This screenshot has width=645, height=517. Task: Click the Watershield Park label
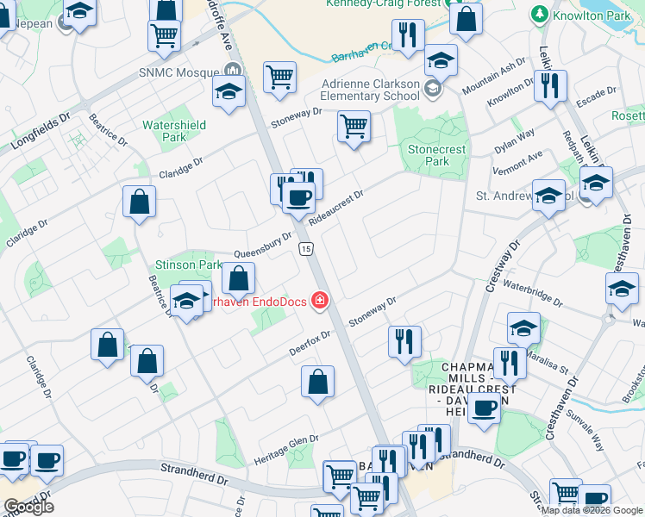point(173,131)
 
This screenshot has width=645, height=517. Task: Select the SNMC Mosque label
point(181,72)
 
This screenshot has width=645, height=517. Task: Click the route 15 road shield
point(305,249)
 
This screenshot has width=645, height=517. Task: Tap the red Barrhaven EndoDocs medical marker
point(320,299)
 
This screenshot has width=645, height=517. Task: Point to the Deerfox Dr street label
point(310,346)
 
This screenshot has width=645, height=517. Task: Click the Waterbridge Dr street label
point(532,293)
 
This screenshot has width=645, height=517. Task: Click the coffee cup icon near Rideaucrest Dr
point(298,197)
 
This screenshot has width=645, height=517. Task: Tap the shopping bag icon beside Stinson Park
point(238,278)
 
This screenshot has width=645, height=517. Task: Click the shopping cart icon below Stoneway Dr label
point(354,125)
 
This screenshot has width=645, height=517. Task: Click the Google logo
point(28,507)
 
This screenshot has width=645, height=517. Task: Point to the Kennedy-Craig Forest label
point(384,4)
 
